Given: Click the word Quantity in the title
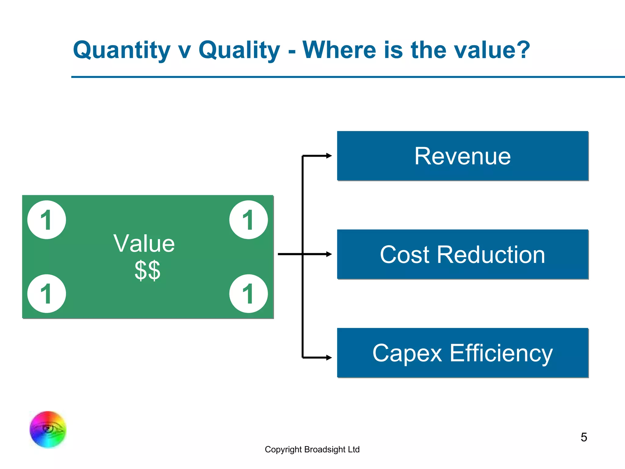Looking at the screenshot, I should tap(121, 50).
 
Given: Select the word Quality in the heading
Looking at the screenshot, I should tap(239, 50).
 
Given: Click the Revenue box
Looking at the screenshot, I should tap(462, 156).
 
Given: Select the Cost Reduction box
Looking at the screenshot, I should tap(462, 254).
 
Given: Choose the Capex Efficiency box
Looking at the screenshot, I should tap(462, 353).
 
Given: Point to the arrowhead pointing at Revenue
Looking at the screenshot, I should tap(329, 156).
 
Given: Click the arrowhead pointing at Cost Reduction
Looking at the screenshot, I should tap(329, 254).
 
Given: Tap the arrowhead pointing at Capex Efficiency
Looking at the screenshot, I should tap(329, 357).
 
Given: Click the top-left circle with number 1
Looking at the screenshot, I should tap(47, 220).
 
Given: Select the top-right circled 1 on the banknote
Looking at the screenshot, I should tap(248, 220).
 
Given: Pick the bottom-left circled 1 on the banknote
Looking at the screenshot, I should tap(47, 293).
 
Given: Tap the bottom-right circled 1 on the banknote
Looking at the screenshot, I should tap(248, 293).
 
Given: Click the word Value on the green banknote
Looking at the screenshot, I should tap(144, 244).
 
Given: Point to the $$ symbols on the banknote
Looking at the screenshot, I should tap(147, 270).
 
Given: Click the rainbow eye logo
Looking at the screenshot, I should tap(48, 429).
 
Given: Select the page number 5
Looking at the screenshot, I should tap(583, 437).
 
